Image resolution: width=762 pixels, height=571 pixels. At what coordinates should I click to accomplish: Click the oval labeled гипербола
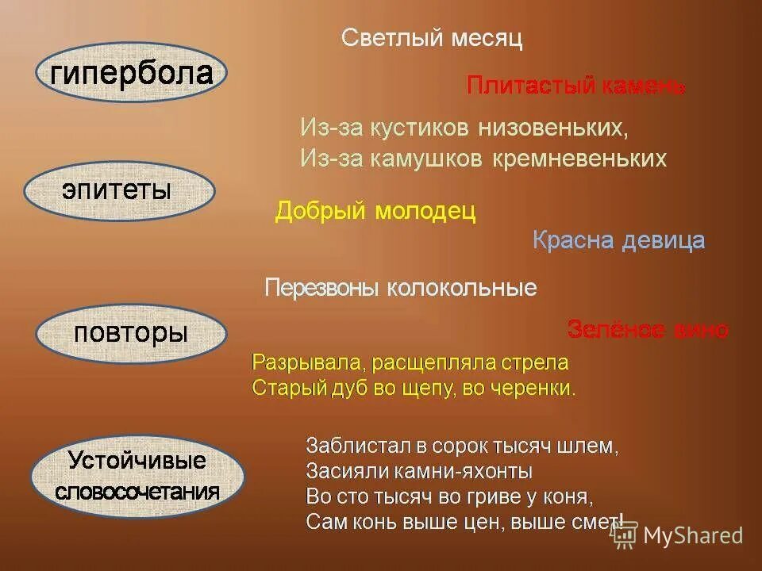pos(132,73)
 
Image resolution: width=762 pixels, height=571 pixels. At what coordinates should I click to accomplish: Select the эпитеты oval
pos(119,191)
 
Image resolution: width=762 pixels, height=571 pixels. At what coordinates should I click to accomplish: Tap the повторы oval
pos(131,332)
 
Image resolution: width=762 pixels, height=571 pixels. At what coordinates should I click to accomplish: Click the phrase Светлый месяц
pos(432,38)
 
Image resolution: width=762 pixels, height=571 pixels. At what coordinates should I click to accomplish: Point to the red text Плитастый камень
pos(575,86)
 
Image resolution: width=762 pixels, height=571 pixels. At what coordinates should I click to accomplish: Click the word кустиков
pos(422,127)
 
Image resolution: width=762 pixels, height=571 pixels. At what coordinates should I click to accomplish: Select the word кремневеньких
pos(579,159)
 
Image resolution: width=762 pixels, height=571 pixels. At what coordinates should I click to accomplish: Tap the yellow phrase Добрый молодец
pos(375,212)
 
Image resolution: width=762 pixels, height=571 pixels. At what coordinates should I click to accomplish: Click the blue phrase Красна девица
pos(618,240)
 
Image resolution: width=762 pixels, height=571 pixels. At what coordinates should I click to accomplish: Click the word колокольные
pos(462,287)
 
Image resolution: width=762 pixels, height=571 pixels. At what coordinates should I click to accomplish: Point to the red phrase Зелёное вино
pos(648,330)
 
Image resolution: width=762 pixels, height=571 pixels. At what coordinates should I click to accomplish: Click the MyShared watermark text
pos(693,535)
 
